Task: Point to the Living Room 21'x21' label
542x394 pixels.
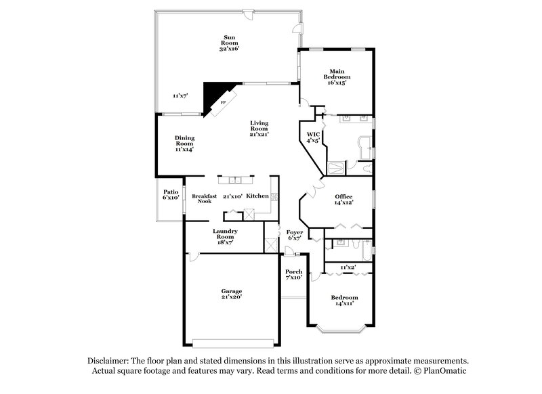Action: [259, 129]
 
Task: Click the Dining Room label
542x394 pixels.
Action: [185, 143]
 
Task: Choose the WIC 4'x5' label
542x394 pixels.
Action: [312, 137]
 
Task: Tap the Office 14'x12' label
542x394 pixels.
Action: [343, 200]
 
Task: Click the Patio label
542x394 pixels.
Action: [170, 195]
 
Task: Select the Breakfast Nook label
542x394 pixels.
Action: [203, 198]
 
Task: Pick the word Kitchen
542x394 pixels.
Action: [257, 196]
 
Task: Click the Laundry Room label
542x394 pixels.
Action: [225, 236]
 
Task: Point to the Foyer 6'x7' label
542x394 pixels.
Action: [294, 235]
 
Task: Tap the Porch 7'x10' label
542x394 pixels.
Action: [293, 274]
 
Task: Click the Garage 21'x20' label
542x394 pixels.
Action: [231, 293]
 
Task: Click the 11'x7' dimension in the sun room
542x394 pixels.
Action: [180, 95]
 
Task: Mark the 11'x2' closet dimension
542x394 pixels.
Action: [348, 267]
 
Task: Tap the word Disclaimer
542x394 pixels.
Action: [108, 361]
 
